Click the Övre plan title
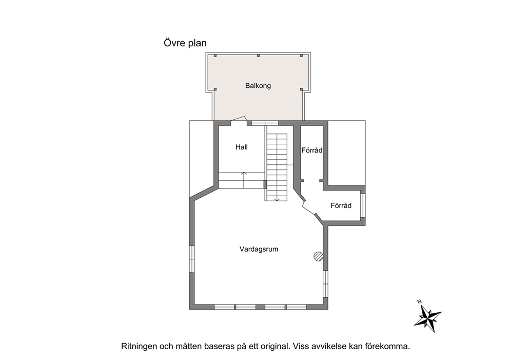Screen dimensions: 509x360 [x=185, y=43]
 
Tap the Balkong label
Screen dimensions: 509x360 [x=258, y=86]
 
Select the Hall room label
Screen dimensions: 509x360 [x=242, y=147]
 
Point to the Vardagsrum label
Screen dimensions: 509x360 [x=259, y=249]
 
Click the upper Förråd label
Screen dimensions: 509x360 [x=312, y=150]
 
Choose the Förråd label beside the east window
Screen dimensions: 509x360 [x=341, y=205]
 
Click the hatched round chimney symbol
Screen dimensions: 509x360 [x=319, y=256]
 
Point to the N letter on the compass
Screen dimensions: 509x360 [x=419, y=302]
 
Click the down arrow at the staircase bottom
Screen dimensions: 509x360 [x=277, y=199]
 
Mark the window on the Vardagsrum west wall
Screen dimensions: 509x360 [x=192, y=259]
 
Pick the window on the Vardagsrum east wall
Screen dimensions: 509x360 [x=325, y=283]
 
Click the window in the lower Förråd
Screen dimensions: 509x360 [x=363, y=205]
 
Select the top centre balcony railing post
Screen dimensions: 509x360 [x=259, y=56]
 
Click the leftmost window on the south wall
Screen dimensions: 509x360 [x=224, y=307]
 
